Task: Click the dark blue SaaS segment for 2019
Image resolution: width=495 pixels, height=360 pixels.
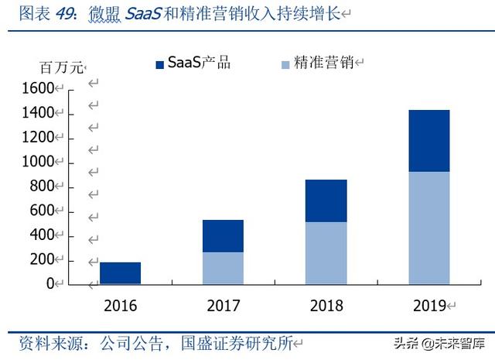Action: (428, 141)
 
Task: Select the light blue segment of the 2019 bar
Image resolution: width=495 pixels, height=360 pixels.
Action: (428, 228)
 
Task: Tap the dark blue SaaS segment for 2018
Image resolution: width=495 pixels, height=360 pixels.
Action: (326, 201)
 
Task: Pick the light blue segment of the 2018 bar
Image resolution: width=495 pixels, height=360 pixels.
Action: (326, 252)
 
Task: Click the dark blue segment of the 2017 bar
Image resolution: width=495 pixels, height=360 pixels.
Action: (223, 235)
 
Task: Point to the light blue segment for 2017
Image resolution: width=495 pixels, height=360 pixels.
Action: (223, 267)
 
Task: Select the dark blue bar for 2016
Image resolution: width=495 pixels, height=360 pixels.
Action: (120, 273)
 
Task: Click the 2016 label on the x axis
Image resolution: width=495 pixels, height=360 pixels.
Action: (119, 306)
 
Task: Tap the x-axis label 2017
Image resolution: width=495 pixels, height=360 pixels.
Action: (223, 306)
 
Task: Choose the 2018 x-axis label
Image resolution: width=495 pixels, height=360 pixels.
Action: (326, 306)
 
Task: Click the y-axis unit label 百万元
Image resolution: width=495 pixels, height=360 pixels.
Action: (60, 67)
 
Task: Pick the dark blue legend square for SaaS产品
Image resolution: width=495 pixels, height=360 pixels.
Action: (160, 64)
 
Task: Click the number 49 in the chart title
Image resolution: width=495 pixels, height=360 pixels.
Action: (67, 14)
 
